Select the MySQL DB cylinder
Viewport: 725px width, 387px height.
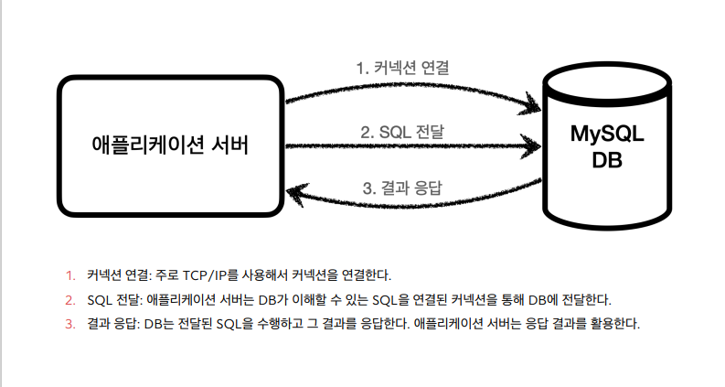[x=606, y=146]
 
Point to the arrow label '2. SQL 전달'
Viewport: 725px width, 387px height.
[x=403, y=131]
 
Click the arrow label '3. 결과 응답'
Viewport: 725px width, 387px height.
[x=402, y=188]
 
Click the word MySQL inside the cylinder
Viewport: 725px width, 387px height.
[x=607, y=134]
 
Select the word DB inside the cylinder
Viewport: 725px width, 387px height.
[x=607, y=160]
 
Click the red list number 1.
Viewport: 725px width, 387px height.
[x=69, y=274]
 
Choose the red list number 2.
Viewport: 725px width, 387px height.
[x=69, y=299]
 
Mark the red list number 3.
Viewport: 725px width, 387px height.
[x=69, y=324]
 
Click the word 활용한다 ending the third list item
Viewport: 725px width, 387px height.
[x=613, y=324]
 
